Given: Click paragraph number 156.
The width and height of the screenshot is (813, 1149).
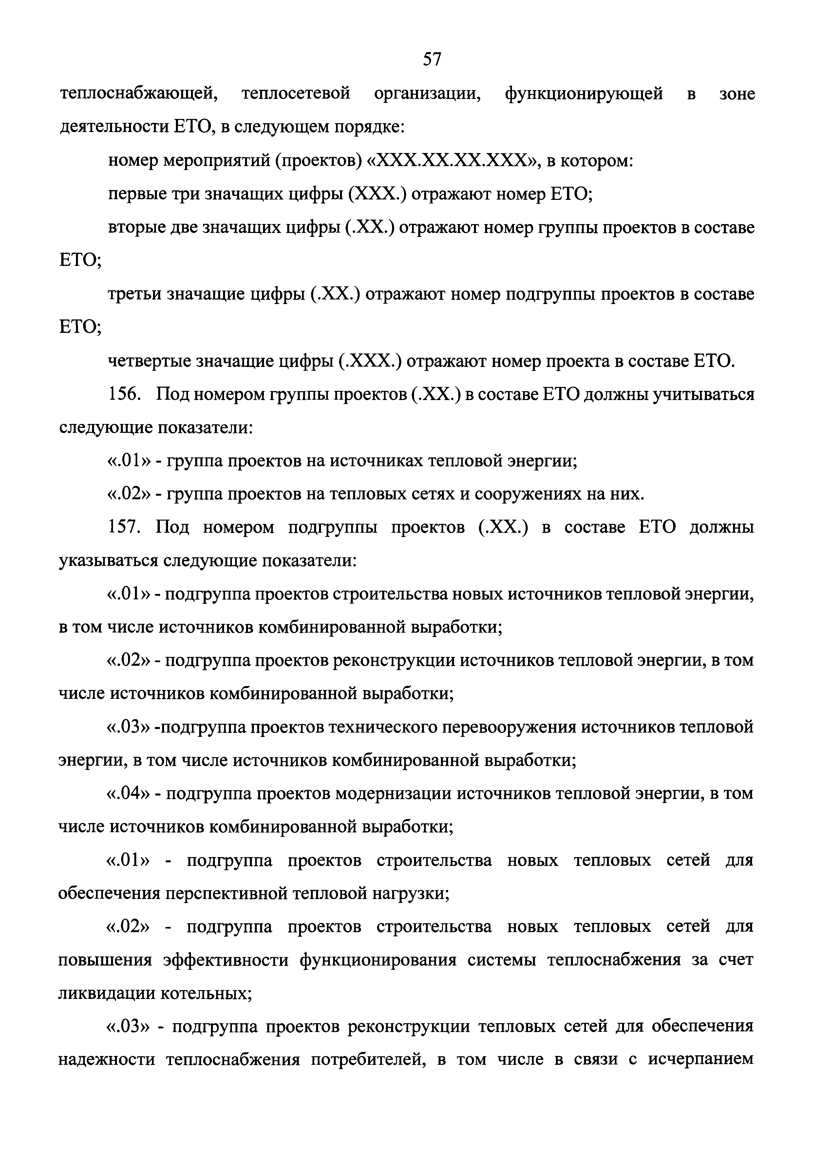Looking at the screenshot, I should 123,395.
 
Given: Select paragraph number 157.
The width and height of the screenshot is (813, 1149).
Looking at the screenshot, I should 123,528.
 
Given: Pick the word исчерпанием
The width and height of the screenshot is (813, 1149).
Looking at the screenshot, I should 701,1061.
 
